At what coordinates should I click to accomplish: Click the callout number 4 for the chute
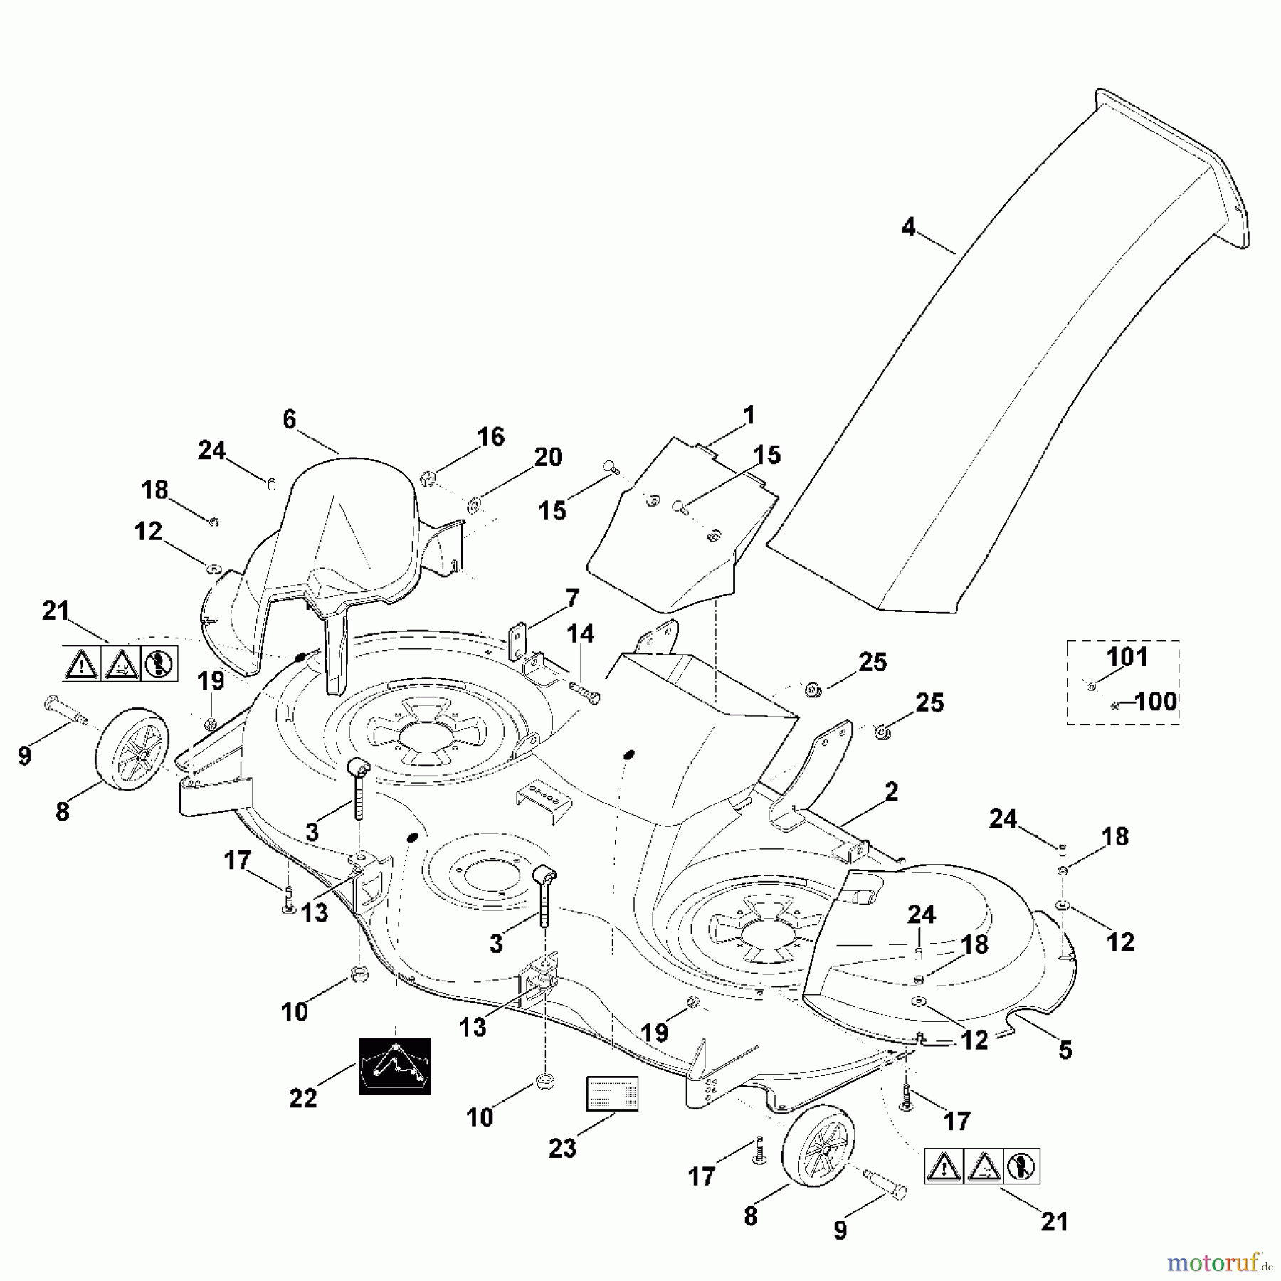click(908, 228)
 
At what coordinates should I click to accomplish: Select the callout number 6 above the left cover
click(289, 419)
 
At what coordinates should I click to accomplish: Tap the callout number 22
click(302, 1098)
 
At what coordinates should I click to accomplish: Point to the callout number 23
click(562, 1148)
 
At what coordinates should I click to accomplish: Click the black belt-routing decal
click(394, 1065)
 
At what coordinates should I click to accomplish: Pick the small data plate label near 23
click(612, 1094)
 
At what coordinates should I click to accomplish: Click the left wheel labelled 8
click(133, 749)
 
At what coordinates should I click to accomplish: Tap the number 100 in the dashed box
click(1154, 702)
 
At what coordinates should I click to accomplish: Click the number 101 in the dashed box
click(1128, 656)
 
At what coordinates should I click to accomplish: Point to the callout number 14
click(580, 633)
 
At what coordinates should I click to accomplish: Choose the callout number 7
click(572, 598)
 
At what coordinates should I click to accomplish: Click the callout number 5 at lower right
click(1065, 1050)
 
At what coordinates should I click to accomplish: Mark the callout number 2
click(891, 791)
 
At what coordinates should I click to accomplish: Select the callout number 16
click(490, 436)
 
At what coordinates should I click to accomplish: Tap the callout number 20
click(548, 457)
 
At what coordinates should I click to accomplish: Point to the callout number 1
click(748, 415)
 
